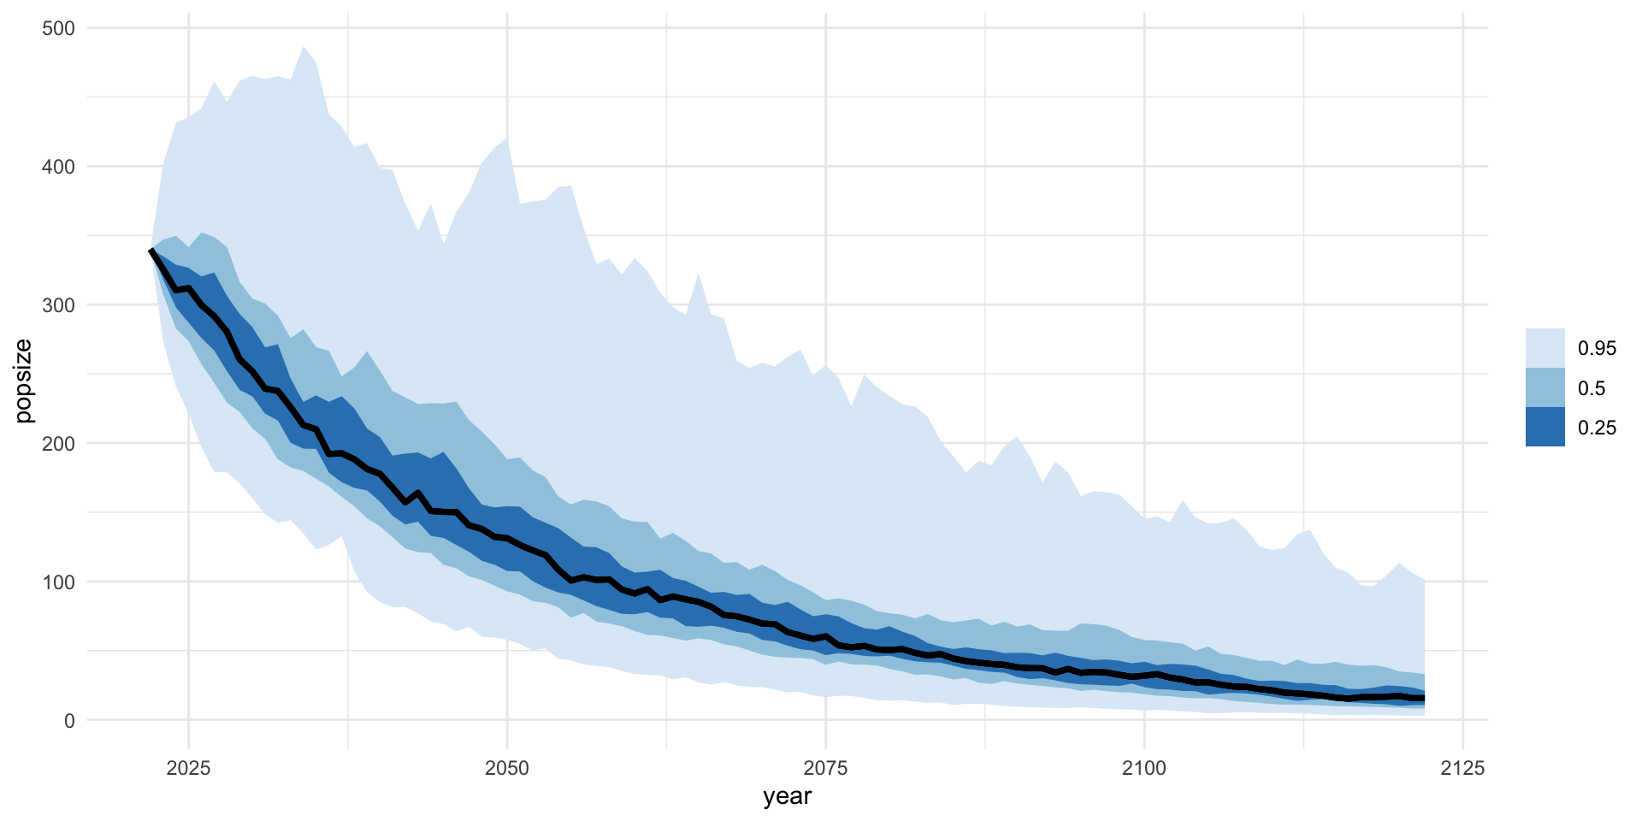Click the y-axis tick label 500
[58, 28]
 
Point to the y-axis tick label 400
[58, 167]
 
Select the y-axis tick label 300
[58, 305]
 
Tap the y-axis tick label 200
[58, 444]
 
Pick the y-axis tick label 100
[58, 582]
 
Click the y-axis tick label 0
[69, 721]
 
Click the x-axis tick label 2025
[189, 768]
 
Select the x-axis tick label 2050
[507, 768]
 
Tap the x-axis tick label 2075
[826, 768]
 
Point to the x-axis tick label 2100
[1144, 768]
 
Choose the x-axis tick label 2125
[1462, 768]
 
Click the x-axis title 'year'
[787, 796]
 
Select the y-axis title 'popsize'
[23, 381]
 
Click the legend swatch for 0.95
[1545, 348]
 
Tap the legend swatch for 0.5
[1545, 387]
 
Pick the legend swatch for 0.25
[1545, 427]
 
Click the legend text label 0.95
[1597, 348]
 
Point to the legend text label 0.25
[1597, 428]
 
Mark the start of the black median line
[151, 251]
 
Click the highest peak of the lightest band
[304, 47]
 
